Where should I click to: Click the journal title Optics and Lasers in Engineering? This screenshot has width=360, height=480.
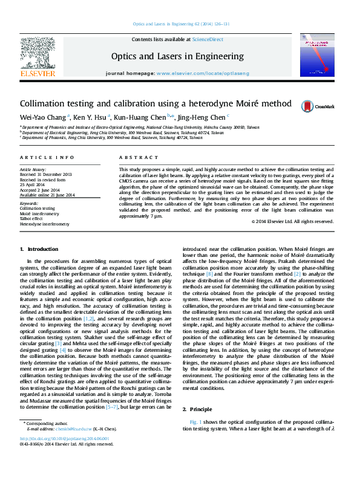(177, 56)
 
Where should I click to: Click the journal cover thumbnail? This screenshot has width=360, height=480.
(317, 56)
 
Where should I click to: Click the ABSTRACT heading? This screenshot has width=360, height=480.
(134, 158)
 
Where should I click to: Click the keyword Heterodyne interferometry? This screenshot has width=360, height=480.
(44, 224)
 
